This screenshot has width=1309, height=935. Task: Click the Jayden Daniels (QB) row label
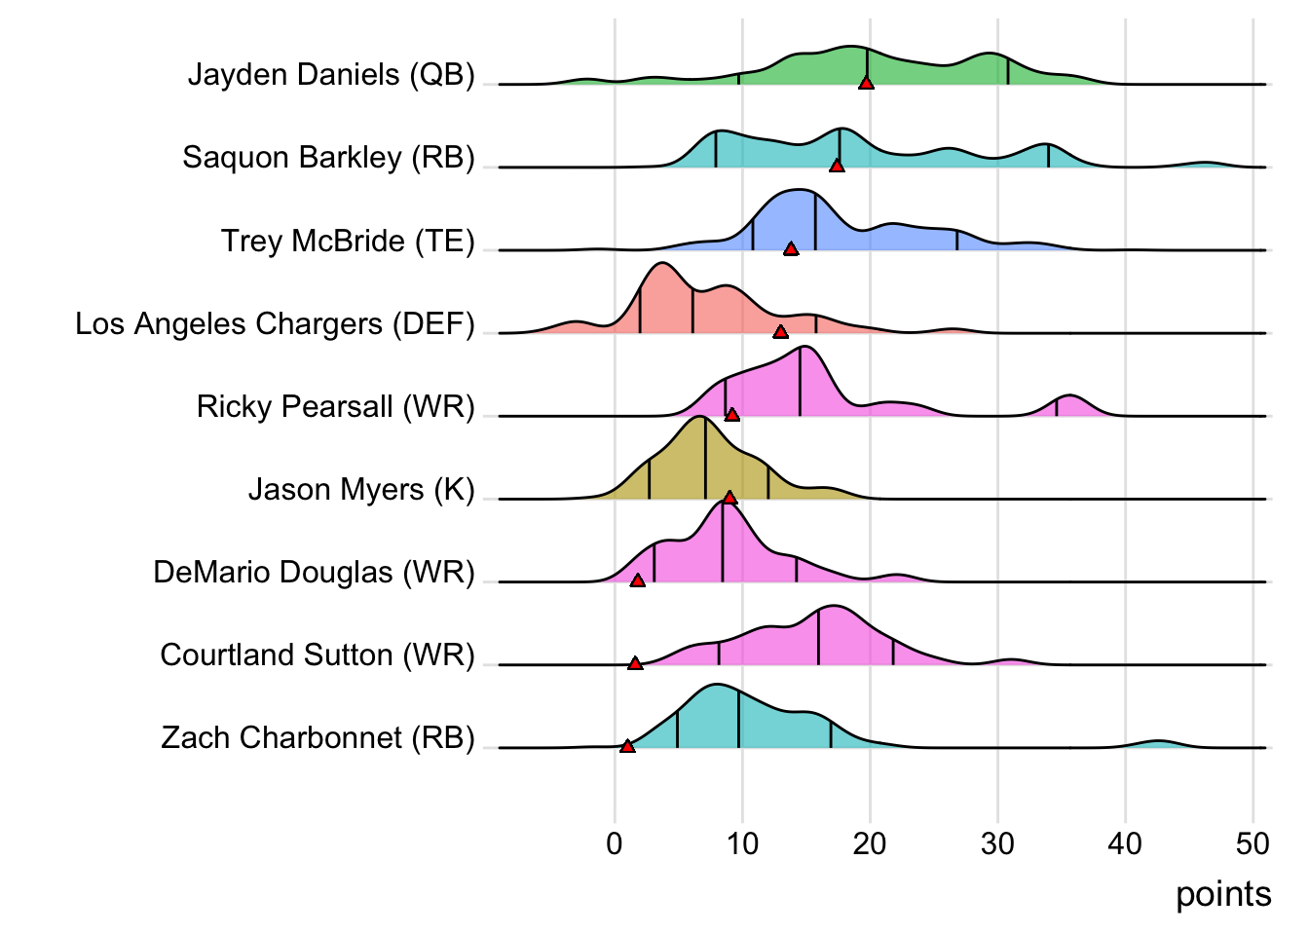[x=331, y=75]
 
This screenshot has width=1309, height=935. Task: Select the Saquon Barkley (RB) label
[x=328, y=158]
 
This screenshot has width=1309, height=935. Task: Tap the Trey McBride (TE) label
[x=348, y=241]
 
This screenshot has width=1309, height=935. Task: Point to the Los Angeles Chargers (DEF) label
[x=275, y=323]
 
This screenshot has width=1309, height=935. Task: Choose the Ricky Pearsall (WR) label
[x=335, y=406]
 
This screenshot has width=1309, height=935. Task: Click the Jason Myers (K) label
[x=361, y=489]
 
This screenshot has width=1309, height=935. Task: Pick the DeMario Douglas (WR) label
[x=314, y=572]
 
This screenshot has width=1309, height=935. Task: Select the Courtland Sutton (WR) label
[x=318, y=654]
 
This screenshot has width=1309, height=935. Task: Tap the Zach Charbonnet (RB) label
[x=318, y=737]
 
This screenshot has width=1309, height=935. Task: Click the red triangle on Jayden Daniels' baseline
[x=866, y=83]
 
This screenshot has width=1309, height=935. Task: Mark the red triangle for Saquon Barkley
[x=837, y=166]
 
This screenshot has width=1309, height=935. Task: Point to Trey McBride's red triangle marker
[x=791, y=248]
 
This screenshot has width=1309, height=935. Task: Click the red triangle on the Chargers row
[x=780, y=332]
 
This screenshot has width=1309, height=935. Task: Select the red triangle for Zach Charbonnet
[x=627, y=746]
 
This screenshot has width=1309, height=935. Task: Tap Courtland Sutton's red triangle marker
[x=635, y=663]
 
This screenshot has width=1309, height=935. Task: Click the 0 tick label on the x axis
[x=615, y=843]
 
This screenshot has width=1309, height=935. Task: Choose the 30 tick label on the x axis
[x=997, y=843]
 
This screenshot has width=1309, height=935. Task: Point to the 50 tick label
[x=1253, y=843]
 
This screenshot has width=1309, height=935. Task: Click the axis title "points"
[x=1223, y=894]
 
